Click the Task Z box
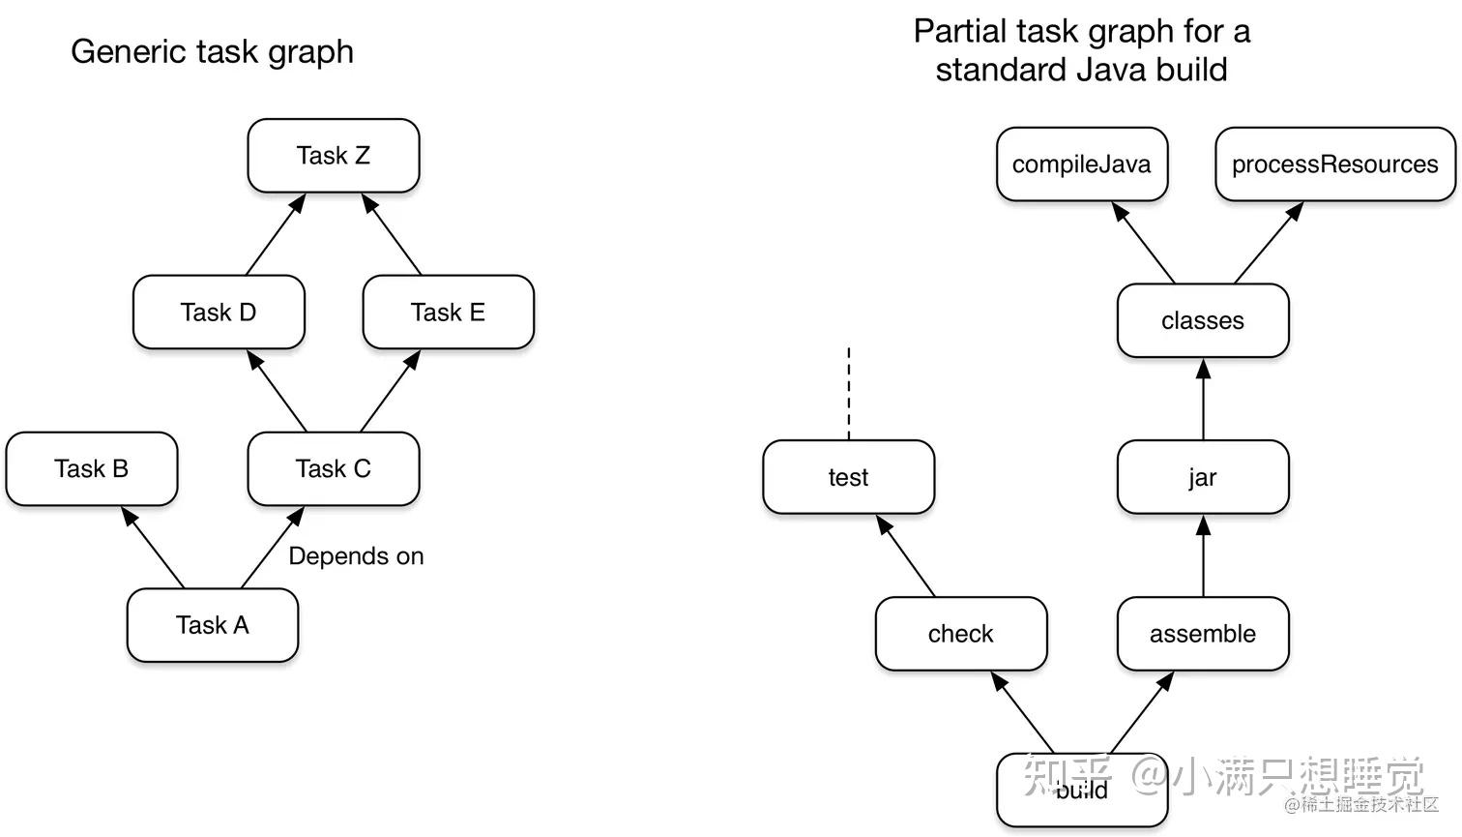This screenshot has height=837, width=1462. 334,156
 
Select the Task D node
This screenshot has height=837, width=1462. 219,313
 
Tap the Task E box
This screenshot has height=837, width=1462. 448,313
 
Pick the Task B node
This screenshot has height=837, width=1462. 92,469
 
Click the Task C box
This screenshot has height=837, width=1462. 334,469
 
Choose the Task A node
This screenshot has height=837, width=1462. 213,625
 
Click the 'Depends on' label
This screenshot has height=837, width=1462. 356,556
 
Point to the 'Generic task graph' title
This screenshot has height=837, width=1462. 212,51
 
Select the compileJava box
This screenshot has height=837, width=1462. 1082,164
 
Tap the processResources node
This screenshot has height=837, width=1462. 1334,164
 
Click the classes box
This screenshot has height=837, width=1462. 1203,321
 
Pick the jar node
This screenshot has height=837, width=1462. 1203,477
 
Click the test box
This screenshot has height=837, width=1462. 848,477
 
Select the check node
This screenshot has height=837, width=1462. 961,634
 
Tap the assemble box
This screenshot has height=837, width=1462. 1203,634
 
